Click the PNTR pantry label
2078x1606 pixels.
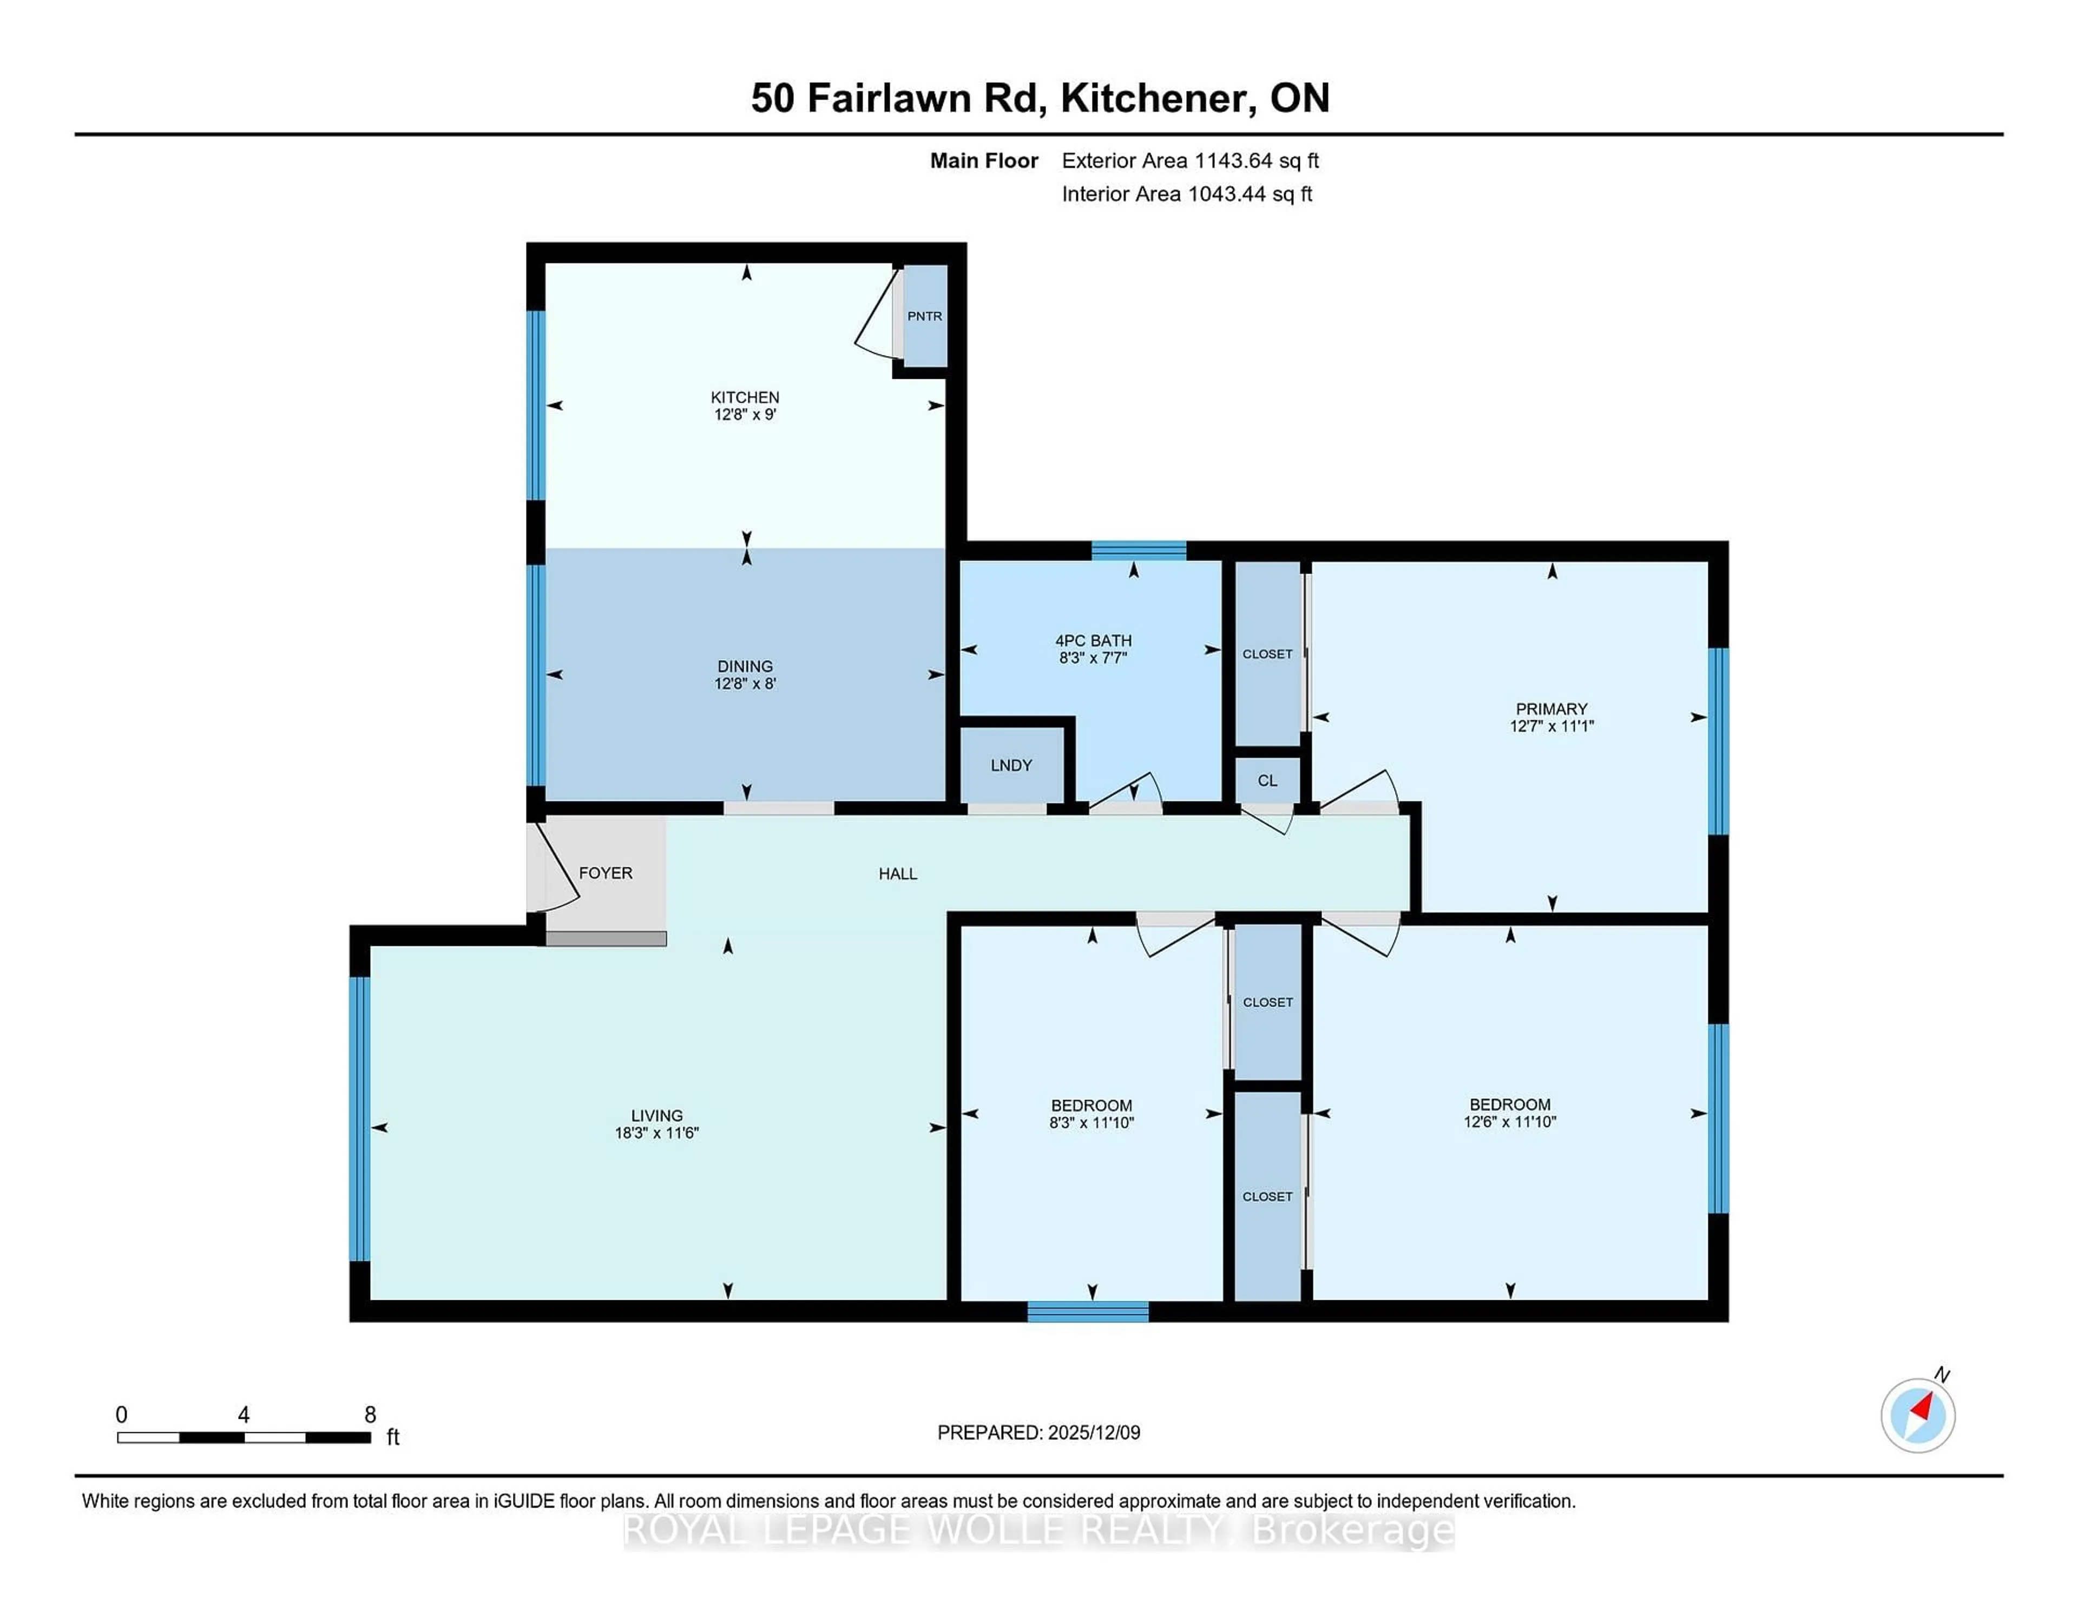click(x=924, y=316)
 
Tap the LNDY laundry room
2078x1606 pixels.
click(x=1010, y=765)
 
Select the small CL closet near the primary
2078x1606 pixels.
click(x=1266, y=780)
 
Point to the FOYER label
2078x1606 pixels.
click(x=605, y=872)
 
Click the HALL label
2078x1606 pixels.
click(x=897, y=873)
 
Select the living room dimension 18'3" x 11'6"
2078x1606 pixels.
click(x=656, y=1132)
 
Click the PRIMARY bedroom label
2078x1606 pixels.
click(x=1551, y=709)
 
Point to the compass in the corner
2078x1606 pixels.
click(x=1917, y=1416)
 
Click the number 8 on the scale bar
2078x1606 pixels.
click(x=370, y=1415)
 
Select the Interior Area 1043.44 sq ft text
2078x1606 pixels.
click(x=1187, y=194)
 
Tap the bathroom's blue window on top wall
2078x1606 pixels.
click(x=1138, y=550)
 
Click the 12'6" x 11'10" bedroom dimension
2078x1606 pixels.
click(x=1509, y=1122)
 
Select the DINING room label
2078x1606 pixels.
click(x=745, y=666)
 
